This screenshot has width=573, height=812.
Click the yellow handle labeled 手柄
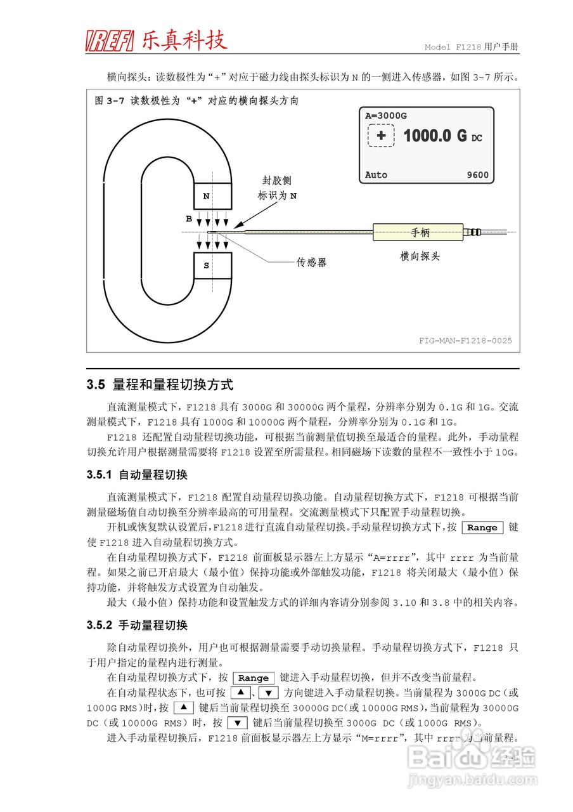[420, 233]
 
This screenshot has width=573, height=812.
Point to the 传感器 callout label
[311, 262]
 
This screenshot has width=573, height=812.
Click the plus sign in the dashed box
[381, 136]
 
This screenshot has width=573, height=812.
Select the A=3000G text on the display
[386, 116]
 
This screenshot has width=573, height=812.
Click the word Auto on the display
[376, 175]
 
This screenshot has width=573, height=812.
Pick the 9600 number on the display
[477, 175]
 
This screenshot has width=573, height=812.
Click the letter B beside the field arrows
[189, 219]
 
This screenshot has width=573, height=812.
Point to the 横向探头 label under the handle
[420, 256]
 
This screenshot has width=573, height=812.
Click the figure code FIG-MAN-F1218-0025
[465, 341]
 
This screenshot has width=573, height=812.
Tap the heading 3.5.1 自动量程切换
[137, 475]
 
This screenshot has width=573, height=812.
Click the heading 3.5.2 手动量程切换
[137, 625]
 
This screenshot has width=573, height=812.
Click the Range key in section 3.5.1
[482, 528]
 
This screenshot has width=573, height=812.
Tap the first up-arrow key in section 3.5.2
[241, 693]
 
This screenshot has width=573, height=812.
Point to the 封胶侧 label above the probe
[277, 181]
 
